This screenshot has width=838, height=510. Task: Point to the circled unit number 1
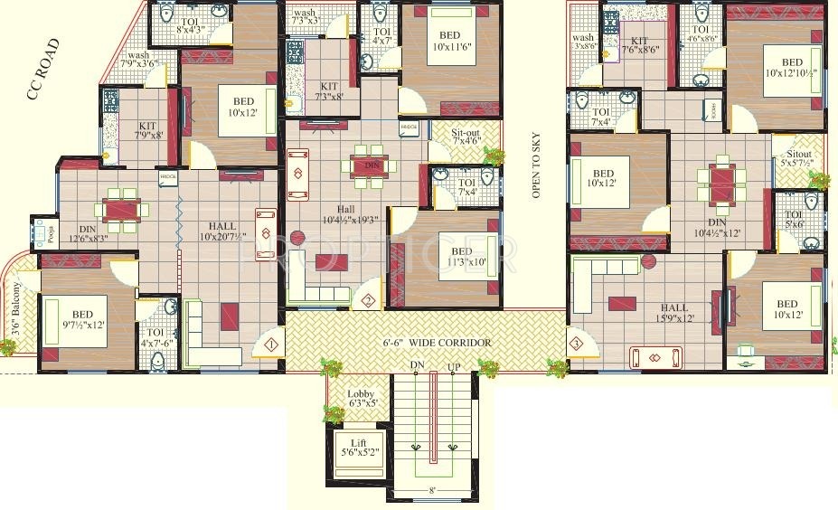271,343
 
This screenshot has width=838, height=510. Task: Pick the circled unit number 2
368,301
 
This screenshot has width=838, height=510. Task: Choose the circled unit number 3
576,343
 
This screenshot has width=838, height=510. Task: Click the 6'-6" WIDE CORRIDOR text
438,343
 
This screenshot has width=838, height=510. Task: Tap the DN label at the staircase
418,366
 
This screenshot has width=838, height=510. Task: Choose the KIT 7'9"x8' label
147,131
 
